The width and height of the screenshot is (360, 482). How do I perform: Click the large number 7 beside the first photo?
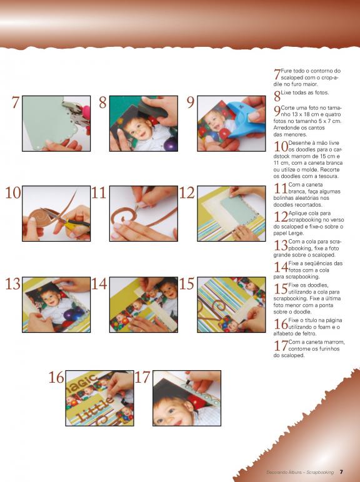tap(16, 102)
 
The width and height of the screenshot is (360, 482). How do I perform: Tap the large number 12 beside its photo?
tap(186, 193)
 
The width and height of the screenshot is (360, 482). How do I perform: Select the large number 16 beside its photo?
tap(56, 378)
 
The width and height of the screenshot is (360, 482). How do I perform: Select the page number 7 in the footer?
tap(341, 472)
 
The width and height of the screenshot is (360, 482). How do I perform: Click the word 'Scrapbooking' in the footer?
tap(320, 472)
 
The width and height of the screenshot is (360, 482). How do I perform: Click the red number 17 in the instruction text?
tap(281, 346)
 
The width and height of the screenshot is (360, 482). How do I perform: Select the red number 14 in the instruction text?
tap(281, 267)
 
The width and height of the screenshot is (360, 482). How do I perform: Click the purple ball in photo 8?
tap(171, 144)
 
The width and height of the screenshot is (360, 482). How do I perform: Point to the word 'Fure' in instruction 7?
tap(286, 71)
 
